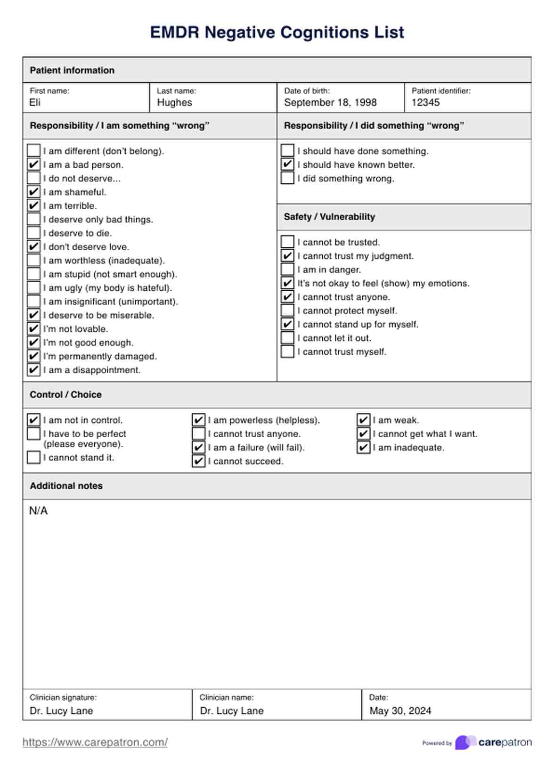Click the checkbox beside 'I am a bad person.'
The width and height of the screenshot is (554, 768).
coord(33,164)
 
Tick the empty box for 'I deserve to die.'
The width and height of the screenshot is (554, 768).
coord(33,233)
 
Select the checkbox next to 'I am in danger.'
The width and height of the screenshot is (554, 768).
coord(287,270)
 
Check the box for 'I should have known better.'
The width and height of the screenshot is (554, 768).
coord(287,164)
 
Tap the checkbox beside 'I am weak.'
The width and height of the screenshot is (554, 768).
coord(363,420)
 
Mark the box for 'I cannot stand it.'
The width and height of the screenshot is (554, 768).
coord(33,458)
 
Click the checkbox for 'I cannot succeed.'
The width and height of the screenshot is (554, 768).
coord(198,461)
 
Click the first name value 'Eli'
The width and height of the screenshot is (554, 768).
coord(35,103)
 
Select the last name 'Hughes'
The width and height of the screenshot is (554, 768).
coord(174,103)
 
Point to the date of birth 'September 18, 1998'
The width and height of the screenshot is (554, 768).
coord(330,103)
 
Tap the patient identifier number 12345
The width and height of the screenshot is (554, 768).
coord(425,103)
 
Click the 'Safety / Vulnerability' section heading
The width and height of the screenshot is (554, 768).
coord(329,217)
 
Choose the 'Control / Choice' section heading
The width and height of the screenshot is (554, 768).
coord(65,395)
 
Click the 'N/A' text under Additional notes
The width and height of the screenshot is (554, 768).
coord(38,511)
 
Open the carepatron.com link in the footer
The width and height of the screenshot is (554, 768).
coord(95,742)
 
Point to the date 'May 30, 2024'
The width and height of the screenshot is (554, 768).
coord(400,711)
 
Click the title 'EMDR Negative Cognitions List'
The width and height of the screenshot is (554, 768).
coord(277,32)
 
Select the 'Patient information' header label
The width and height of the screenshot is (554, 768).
coord(72,70)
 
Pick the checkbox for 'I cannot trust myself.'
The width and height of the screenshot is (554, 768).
coord(287,351)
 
